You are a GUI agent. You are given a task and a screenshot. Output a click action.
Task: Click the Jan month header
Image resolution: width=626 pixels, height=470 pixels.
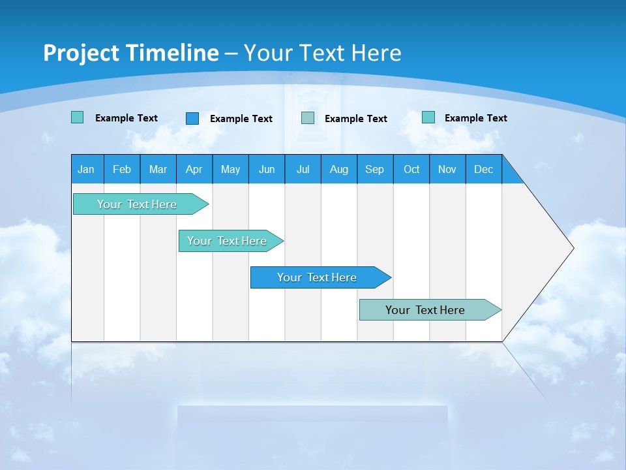87,169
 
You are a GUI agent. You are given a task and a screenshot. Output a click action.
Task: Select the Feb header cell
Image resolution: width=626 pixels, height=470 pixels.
122,169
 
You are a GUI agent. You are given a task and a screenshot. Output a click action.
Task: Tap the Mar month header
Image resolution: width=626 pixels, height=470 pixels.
158,169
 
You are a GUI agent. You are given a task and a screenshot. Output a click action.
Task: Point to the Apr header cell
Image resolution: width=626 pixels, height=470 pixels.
194,169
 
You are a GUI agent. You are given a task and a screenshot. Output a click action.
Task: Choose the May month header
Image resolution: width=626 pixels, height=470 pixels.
230,169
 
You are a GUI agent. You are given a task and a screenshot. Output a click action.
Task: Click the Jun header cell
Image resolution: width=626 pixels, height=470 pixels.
267,169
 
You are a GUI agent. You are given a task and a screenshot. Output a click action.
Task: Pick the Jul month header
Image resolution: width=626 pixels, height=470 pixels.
303,169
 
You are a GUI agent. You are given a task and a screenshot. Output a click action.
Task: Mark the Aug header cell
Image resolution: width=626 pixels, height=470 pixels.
339,169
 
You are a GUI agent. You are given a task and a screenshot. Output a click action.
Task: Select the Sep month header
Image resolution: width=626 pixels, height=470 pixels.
375,169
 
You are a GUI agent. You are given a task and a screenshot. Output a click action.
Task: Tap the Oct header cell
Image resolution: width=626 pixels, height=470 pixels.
411,169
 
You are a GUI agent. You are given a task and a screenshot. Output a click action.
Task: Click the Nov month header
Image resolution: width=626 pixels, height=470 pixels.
447,169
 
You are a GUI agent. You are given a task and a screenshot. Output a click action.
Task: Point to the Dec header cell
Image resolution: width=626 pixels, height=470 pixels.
484,169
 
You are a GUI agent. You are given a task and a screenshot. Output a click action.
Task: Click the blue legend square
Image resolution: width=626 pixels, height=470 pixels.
192,118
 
